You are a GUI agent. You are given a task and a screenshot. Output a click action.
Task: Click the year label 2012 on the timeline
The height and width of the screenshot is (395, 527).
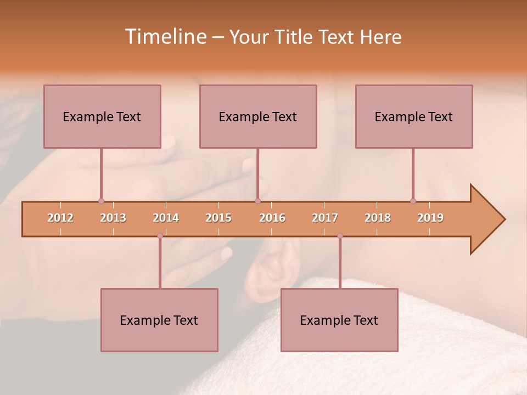(60, 218)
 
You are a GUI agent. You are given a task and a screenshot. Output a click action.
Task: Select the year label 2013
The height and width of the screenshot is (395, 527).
(113, 218)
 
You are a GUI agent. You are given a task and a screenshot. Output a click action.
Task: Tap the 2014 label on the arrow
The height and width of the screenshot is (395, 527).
(166, 218)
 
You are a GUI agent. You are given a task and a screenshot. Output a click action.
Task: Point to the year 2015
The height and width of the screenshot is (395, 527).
(218, 218)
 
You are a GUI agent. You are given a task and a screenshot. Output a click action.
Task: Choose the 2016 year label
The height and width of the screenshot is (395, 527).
(272, 218)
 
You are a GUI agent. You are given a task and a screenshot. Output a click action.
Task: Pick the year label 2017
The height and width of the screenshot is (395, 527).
(325, 218)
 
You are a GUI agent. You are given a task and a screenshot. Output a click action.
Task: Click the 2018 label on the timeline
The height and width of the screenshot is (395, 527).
(378, 218)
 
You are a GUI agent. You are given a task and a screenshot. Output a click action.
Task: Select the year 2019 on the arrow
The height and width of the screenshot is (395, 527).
(430, 218)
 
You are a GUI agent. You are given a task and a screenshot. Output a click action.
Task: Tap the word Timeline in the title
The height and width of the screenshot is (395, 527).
(165, 37)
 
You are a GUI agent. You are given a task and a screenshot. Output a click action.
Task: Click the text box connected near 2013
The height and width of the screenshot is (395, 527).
(102, 116)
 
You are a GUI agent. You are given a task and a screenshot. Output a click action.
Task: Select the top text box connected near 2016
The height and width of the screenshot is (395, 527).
(258, 116)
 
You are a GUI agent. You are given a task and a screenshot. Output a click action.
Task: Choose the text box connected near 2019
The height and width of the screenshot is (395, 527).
(414, 116)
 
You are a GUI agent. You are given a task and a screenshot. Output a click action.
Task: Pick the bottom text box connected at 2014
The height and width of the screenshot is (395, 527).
(159, 320)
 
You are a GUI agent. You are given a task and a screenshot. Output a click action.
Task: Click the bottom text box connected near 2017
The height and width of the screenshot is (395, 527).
(339, 320)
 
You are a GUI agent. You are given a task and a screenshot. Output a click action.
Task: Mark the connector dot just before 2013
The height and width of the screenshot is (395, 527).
(101, 201)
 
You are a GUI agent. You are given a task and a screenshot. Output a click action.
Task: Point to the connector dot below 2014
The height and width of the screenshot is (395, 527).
(160, 236)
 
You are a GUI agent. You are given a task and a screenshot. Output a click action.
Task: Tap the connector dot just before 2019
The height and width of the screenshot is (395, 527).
(413, 201)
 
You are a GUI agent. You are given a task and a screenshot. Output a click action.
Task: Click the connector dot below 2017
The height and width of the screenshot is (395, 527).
(340, 236)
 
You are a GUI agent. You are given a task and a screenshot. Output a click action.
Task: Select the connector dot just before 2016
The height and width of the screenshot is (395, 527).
(257, 201)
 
